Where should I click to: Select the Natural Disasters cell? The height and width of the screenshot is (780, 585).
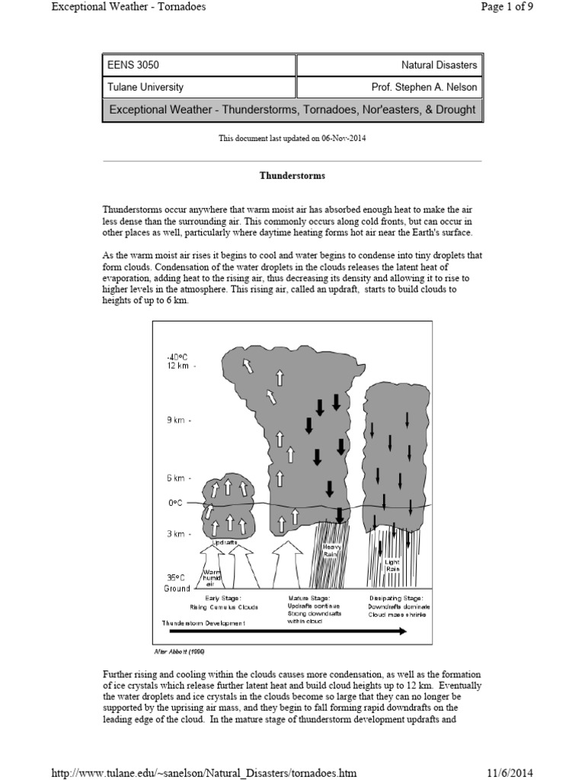coord(388,66)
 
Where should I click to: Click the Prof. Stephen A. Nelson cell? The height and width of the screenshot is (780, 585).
coord(388,87)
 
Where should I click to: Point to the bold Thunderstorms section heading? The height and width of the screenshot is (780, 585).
coord(292,176)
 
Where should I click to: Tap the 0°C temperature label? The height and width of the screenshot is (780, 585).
coord(174,503)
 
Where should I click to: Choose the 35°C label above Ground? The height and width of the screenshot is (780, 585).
coord(176,577)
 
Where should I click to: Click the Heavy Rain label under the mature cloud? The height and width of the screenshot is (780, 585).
coord(332,551)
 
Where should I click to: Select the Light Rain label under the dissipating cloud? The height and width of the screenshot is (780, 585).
coord(392,566)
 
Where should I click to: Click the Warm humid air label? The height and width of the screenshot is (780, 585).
coord(210,577)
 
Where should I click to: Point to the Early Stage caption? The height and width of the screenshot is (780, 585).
coord(223,598)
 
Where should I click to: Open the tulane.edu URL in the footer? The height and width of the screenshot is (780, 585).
coord(203,772)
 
